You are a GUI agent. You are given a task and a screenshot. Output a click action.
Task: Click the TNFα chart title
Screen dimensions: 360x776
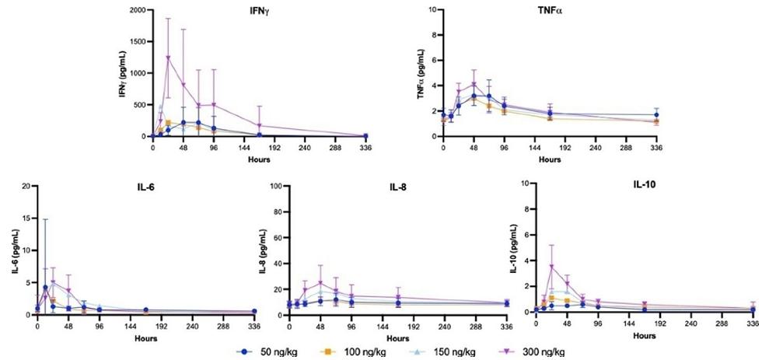[x=551, y=10]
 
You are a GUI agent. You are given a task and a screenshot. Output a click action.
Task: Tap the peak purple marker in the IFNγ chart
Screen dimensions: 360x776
[x=168, y=58]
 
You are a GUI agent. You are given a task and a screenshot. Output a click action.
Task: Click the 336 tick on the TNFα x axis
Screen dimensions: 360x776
[x=656, y=146]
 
